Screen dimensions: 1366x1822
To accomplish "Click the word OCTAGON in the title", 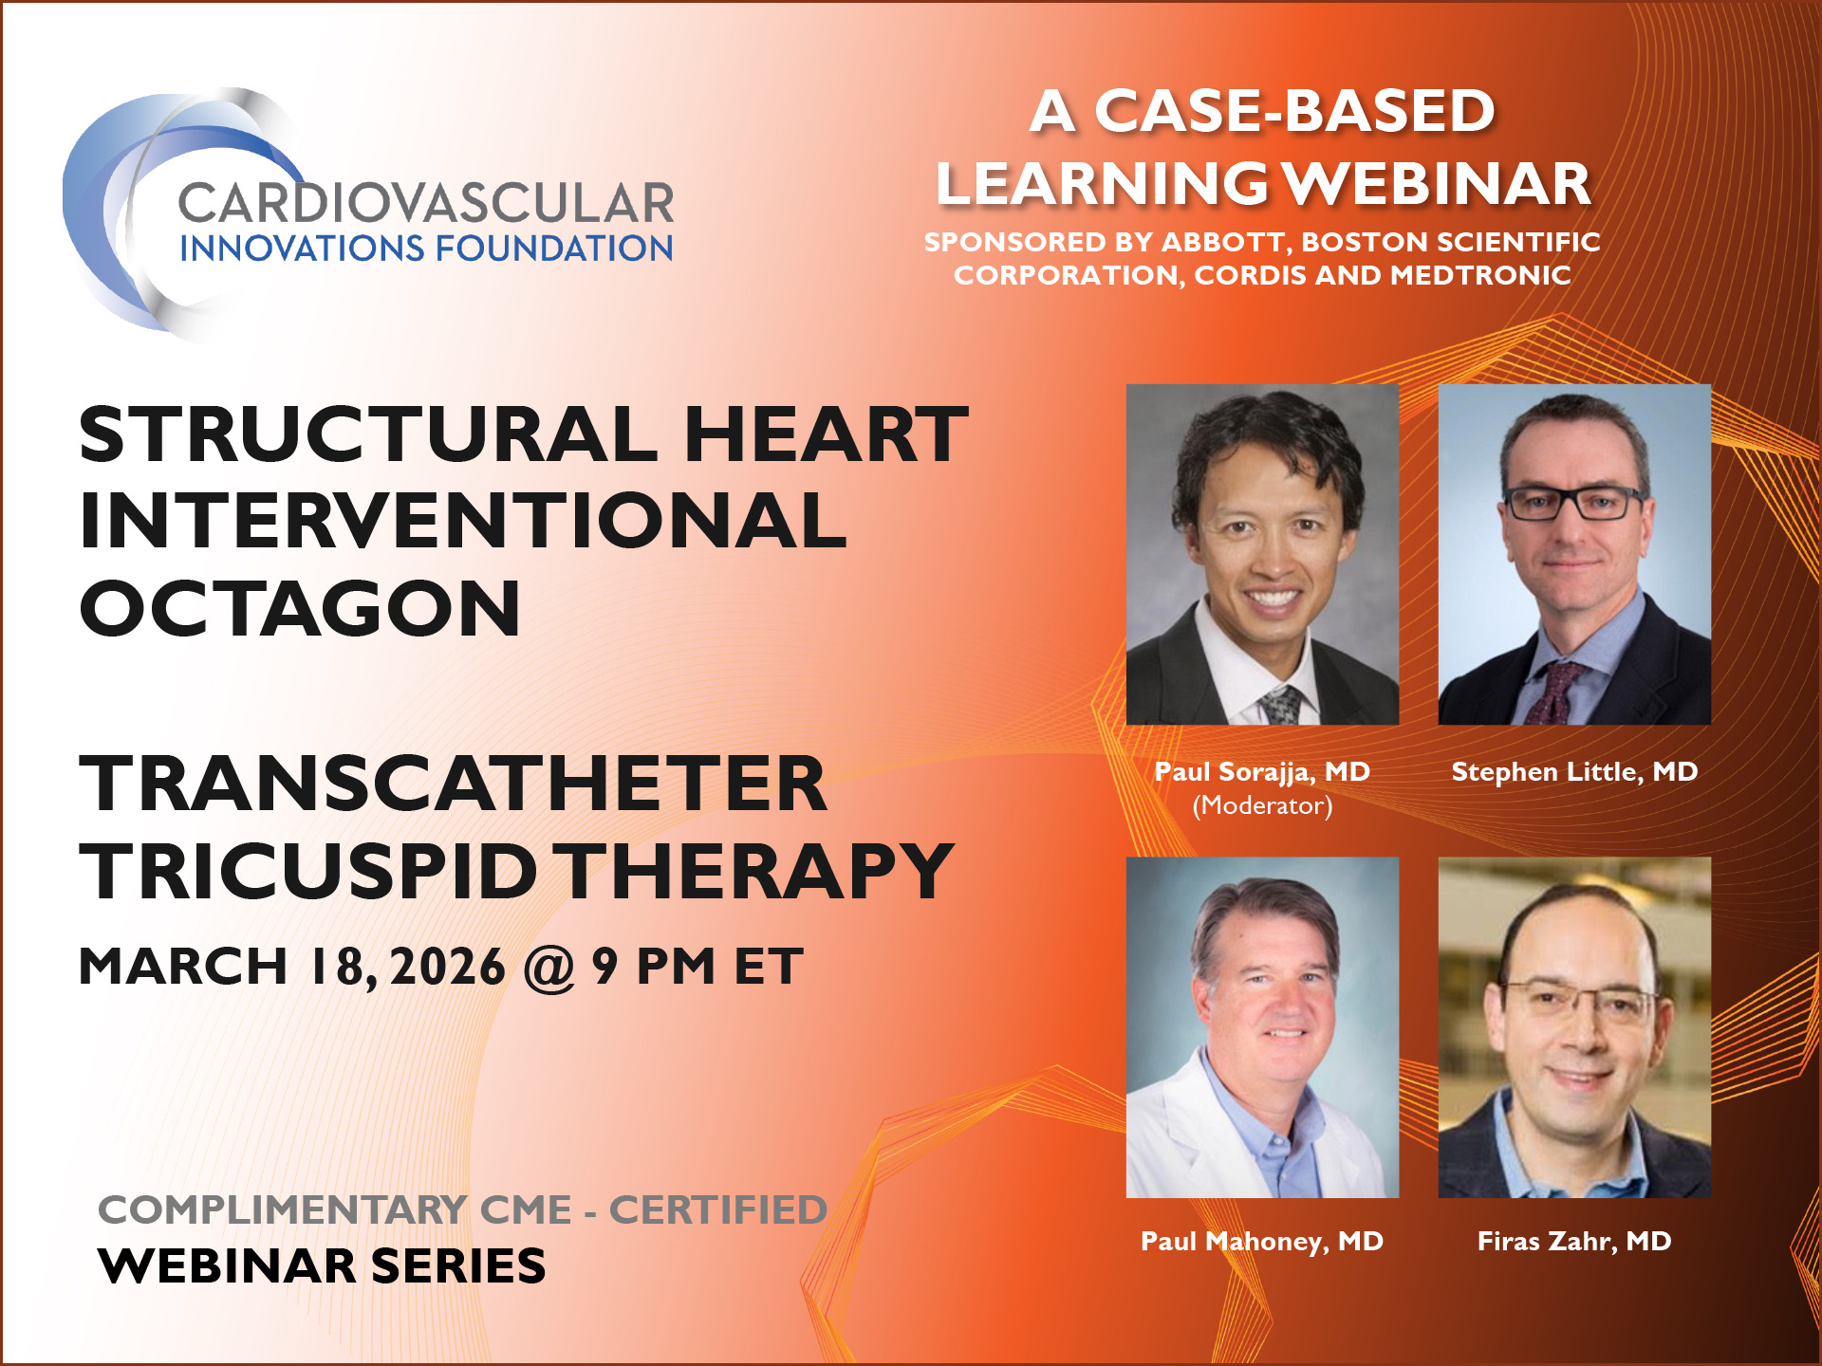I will tap(300, 608).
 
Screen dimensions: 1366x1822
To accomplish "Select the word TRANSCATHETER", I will tap(454, 784).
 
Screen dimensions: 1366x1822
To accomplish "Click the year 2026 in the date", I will tap(447, 967).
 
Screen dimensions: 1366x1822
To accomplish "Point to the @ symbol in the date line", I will tap(549, 967).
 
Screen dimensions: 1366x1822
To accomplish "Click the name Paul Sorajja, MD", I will tap(1262, 771).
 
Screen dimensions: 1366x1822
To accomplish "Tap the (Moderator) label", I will tap(1262, 805).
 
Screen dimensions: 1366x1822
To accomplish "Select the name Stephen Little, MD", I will tap(1574, 771).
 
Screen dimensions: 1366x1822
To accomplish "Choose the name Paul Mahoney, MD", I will tap(1262, 1241).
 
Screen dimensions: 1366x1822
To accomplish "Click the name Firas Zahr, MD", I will tap(1574, 1241).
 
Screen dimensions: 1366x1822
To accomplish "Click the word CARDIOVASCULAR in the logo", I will tap(426, 204).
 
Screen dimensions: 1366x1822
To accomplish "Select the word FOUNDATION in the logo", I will tap(554, 249).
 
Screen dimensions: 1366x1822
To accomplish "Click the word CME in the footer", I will tap(526, 1210).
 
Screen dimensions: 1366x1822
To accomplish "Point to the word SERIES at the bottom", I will tap(458, 1265).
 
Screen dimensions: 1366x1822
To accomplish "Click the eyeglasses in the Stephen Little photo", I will tap(1574, 501).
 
